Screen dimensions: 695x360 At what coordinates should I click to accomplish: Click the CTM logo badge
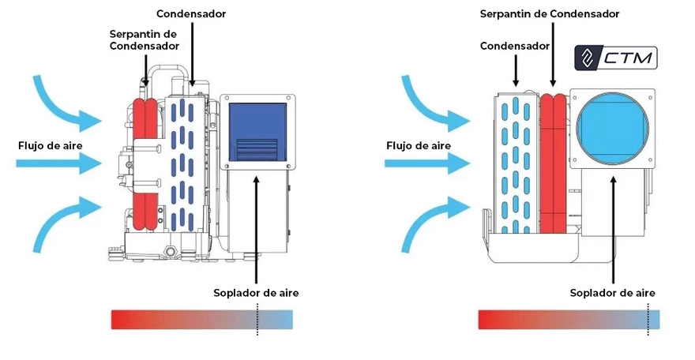click(616, 58)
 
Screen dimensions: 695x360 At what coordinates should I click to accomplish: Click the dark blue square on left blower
click(257, 132)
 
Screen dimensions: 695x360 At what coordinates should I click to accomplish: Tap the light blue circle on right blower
click(613, 129)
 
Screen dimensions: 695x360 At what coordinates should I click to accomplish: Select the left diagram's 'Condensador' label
click(191, 13)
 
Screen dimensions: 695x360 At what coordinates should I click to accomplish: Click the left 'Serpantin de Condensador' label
click(144, 39)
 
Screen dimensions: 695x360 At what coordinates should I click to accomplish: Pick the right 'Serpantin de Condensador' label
click(550, 13)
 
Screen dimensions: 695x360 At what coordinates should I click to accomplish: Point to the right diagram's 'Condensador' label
click(515, 46)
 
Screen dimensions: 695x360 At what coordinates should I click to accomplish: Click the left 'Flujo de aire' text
click(51, 146)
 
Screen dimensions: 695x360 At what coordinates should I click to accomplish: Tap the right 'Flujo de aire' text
click(419, 146)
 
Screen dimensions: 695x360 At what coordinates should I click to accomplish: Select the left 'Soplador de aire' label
click(256, 293)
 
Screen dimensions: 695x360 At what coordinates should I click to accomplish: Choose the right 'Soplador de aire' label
click(613, 293)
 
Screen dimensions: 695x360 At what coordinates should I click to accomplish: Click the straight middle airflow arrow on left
click(59, 164)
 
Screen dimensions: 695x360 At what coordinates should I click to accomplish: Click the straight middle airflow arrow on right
click(427, 164)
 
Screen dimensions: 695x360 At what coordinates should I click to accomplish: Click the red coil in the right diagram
click(554, 164)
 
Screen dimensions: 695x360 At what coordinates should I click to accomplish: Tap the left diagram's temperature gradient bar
click(201, 319)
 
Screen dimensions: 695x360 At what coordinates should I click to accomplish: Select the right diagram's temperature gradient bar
click(569, 319)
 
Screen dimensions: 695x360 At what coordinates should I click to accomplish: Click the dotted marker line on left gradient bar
click(257, 319)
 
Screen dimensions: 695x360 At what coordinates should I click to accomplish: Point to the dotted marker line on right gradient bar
click(648, 319)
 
